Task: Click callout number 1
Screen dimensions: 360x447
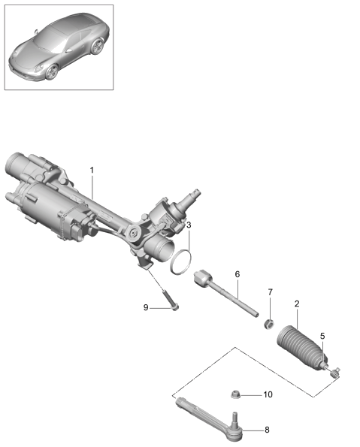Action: [92, 171]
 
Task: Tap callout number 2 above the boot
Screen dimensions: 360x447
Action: [297, 304]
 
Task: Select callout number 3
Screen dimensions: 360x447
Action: [189, 225]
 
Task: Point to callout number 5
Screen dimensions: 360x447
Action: [322, 336]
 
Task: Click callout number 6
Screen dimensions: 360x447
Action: [237, 274]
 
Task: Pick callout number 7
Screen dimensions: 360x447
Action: [270, 292]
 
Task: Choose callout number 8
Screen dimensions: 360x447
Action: [267, 430]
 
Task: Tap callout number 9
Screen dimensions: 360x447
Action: [146, 307]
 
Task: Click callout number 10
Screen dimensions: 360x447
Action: [268, 394]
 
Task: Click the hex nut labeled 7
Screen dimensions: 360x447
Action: [269, 324]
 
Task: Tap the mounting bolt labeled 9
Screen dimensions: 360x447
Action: [171, 301]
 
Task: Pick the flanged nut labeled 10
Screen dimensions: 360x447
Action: [235, 394]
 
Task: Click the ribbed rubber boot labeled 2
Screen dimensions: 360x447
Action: [302, 348]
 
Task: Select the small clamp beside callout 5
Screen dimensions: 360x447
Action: [335, 373]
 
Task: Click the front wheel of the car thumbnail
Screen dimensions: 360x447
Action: [52, 71]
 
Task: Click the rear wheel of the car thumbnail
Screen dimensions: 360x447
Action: [97, 46]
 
